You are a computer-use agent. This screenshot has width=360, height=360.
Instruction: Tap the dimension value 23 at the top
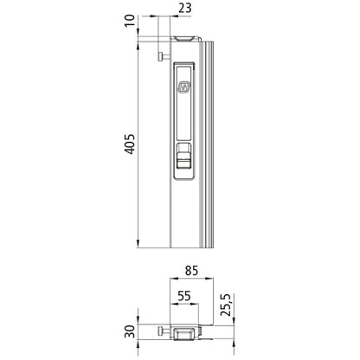click(x=184, y=11)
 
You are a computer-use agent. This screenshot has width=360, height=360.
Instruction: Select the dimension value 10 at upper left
click(x=130, y=19)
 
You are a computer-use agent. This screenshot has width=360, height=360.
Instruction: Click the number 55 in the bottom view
click(x=184, y=296)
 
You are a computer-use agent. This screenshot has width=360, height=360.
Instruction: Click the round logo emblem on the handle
click(x=184, y=87)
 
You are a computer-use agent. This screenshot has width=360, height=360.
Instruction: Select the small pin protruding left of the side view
click(x=162, y=57)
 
